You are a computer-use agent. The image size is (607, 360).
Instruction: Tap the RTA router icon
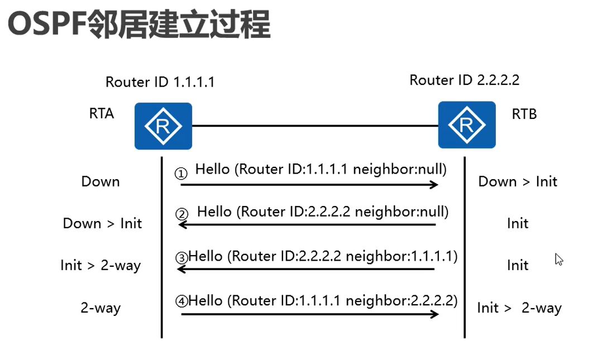point(163,126)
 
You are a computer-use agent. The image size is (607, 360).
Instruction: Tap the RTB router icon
point(466,125)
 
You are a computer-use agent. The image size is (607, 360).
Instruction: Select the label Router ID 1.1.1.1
point(160,83)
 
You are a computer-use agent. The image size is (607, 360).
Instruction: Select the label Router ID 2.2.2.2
point(464,80)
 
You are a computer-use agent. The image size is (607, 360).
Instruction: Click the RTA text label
point(101,114)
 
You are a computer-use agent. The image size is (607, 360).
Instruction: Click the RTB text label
point(524,114)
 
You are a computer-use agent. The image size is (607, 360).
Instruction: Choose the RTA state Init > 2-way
point(101,265)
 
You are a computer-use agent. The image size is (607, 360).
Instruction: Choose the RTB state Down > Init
point(518,181)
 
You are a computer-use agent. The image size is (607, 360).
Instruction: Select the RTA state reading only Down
point(101,181)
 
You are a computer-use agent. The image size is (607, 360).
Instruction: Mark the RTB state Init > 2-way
point(519,308)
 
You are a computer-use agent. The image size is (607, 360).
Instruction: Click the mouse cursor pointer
point(558,259)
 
